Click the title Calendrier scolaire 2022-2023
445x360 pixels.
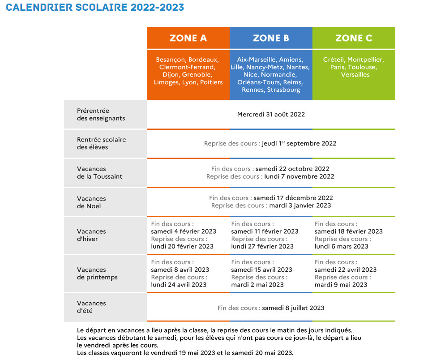pos(95,8)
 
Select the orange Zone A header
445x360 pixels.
pos(188,38)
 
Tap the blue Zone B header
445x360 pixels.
pos(271,38)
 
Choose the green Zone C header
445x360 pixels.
pos(354,38)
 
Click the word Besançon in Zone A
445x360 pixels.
pos(171,60)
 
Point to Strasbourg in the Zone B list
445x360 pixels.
pos(284,90)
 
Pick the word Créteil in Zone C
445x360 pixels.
pos(334,60)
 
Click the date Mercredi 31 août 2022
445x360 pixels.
pos(271,115)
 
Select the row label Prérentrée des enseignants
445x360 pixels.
pos(101,115)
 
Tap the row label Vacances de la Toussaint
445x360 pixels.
pos(99,173)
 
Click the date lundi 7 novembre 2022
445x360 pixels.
pos(299,176)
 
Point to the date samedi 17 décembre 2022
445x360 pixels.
pos(293,198)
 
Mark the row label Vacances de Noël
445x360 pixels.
pos(91,202)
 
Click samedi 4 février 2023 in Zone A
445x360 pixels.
pos(184,231)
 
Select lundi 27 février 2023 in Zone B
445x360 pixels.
pos(262,246)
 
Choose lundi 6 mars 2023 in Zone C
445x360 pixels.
pos(342,246)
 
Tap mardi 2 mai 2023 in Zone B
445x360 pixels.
pos(257,285)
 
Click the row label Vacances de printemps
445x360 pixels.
pos(97,274)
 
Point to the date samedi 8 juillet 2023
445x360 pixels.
pos(293,308)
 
